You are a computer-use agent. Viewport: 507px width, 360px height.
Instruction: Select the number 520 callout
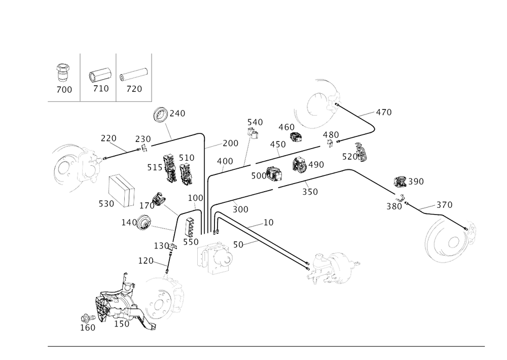(105, 204)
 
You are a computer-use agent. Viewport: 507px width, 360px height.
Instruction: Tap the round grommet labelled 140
(144, 223)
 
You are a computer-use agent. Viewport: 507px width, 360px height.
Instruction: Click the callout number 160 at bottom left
(87, 328)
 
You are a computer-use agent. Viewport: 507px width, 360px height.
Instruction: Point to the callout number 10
(268, 222)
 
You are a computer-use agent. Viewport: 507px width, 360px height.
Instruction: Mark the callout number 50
(237, 244)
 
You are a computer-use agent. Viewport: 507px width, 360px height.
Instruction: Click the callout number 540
(255, 122)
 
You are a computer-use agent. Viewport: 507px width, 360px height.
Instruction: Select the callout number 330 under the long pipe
(310, 192)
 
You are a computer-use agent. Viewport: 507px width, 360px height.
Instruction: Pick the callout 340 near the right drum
(444, 204)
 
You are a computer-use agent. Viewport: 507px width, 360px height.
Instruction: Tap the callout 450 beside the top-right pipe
(384, 112)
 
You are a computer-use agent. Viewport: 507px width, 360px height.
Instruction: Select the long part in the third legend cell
(133, 75)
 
